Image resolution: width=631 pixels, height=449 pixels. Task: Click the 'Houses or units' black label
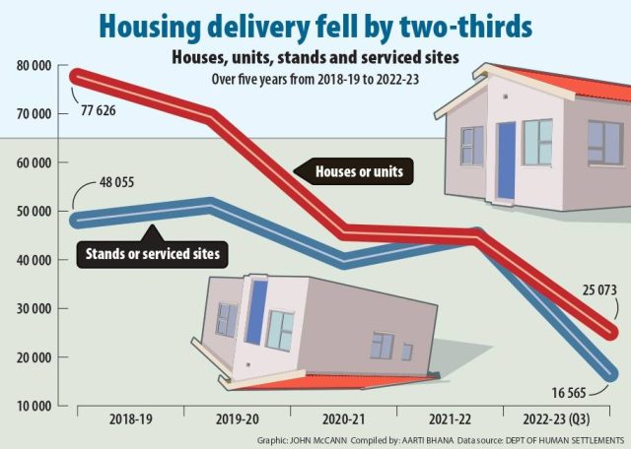tap(364, 172)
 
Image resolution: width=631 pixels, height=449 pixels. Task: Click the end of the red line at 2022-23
tap(612, 332)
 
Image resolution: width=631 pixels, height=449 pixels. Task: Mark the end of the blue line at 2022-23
tap(612, 373)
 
